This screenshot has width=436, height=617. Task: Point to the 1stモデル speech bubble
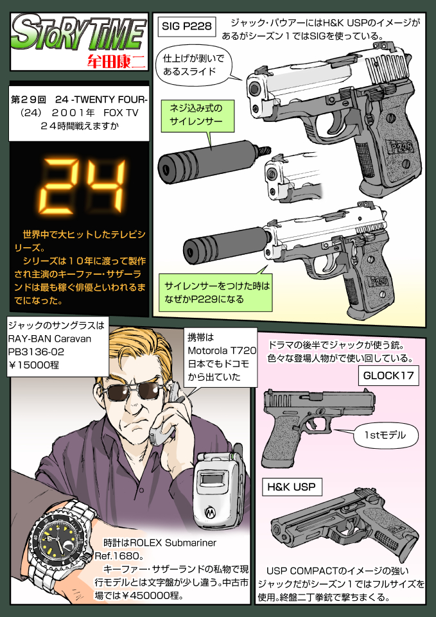pos(384,435)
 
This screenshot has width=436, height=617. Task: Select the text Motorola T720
pos(222,351)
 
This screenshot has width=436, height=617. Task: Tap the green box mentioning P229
pos(218,291)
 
